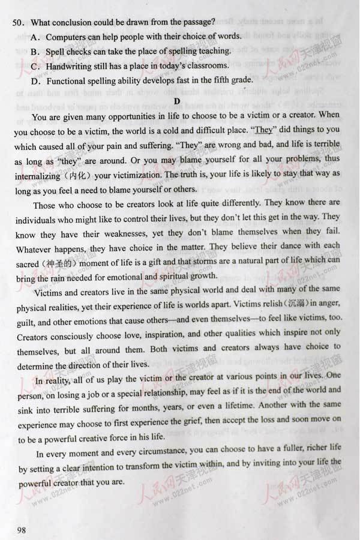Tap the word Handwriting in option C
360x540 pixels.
(x=71, y=65)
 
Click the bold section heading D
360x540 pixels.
(x=177, y=100)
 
